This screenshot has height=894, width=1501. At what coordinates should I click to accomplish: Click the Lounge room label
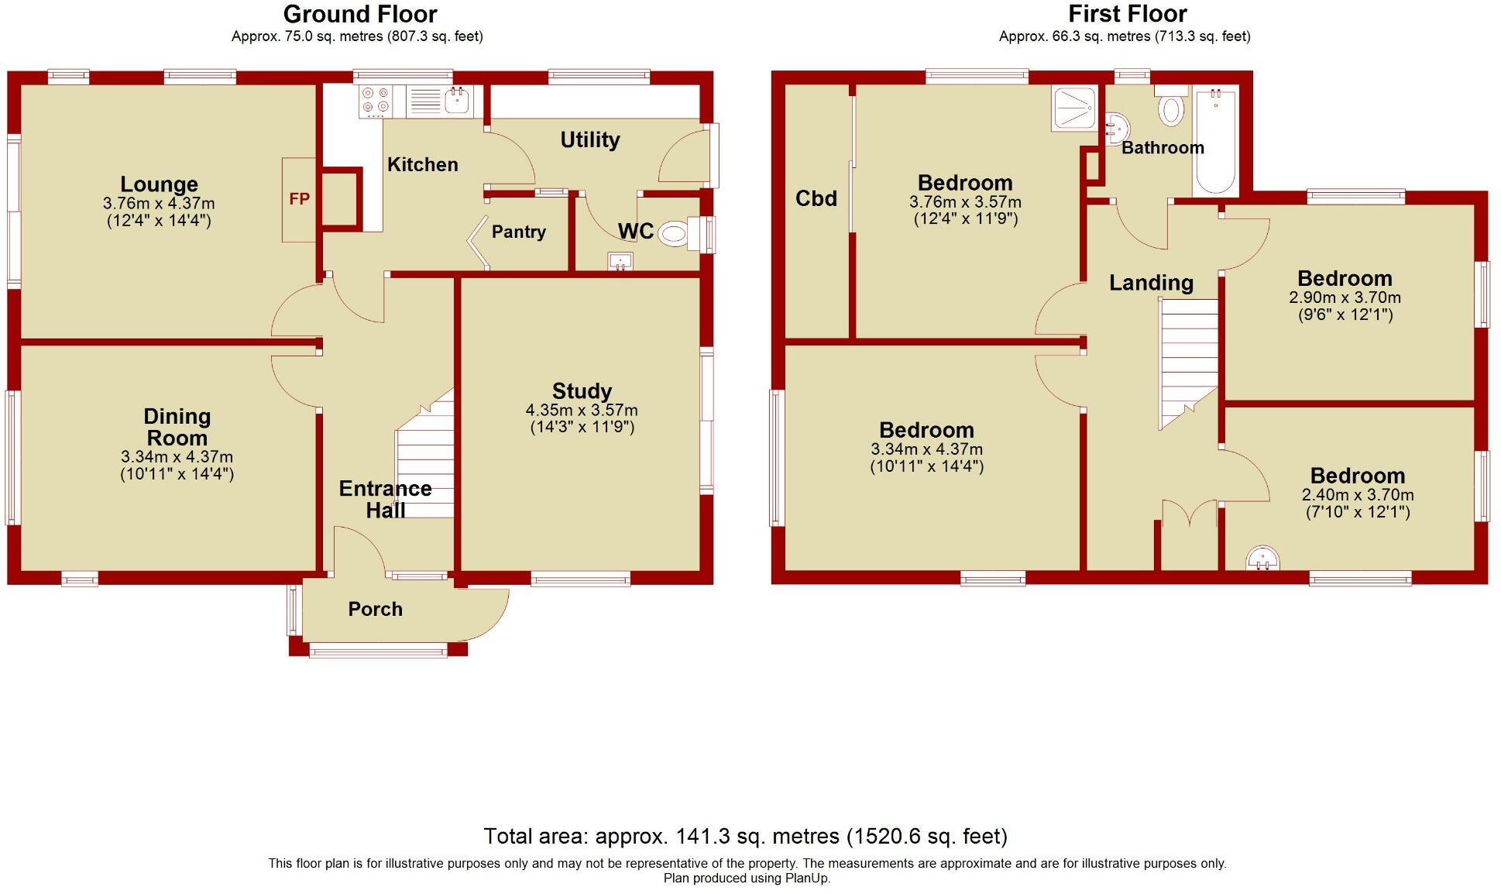[x=159, y=184]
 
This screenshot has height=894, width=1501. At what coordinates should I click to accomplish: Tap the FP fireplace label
[x=299, y=199]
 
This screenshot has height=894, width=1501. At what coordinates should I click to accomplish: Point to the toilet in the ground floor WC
[x=675, y=233]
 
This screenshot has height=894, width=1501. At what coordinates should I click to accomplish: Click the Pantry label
[x=518, y=232]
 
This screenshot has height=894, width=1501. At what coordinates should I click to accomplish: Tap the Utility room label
[x=589, y=140]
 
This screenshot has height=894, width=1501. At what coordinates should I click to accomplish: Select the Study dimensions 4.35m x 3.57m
[x=582, y=411]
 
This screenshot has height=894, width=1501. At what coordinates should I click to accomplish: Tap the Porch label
[x=375, y=609]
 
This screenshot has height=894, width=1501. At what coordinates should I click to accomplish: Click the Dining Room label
[x=177, y=427]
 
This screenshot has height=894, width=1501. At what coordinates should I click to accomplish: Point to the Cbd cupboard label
[x=816, y=198]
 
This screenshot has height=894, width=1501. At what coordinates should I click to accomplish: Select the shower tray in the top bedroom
[x=1074, y=108]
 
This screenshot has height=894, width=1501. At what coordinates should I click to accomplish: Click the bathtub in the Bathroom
[x=1216, y=141]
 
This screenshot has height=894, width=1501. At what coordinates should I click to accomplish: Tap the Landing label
[x=1151, y=283]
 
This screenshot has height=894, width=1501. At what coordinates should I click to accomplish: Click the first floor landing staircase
[x=1188, y=356]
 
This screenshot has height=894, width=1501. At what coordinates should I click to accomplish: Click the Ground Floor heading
[x=360, y=14]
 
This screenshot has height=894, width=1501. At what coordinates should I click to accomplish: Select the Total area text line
[x=745, y=837]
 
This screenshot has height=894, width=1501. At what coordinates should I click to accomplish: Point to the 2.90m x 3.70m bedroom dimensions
[x=1345, y=297]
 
